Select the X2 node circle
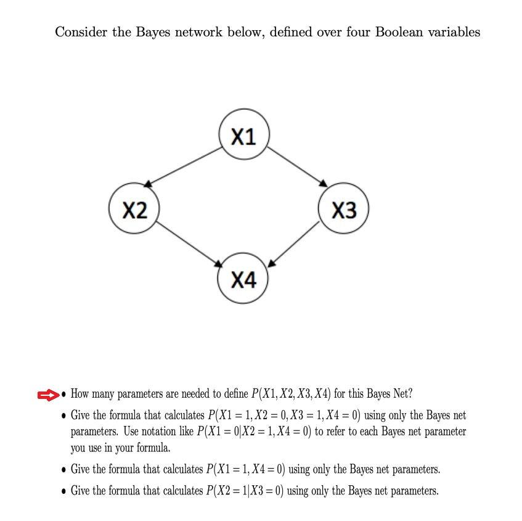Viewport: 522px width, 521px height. click(134, 210)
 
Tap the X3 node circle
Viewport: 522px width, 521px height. click(344, 210)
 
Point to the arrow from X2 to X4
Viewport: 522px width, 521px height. click(190, 245)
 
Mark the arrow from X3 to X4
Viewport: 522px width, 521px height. click(295, 245)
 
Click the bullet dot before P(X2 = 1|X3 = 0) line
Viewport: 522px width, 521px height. click(64, 491)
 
